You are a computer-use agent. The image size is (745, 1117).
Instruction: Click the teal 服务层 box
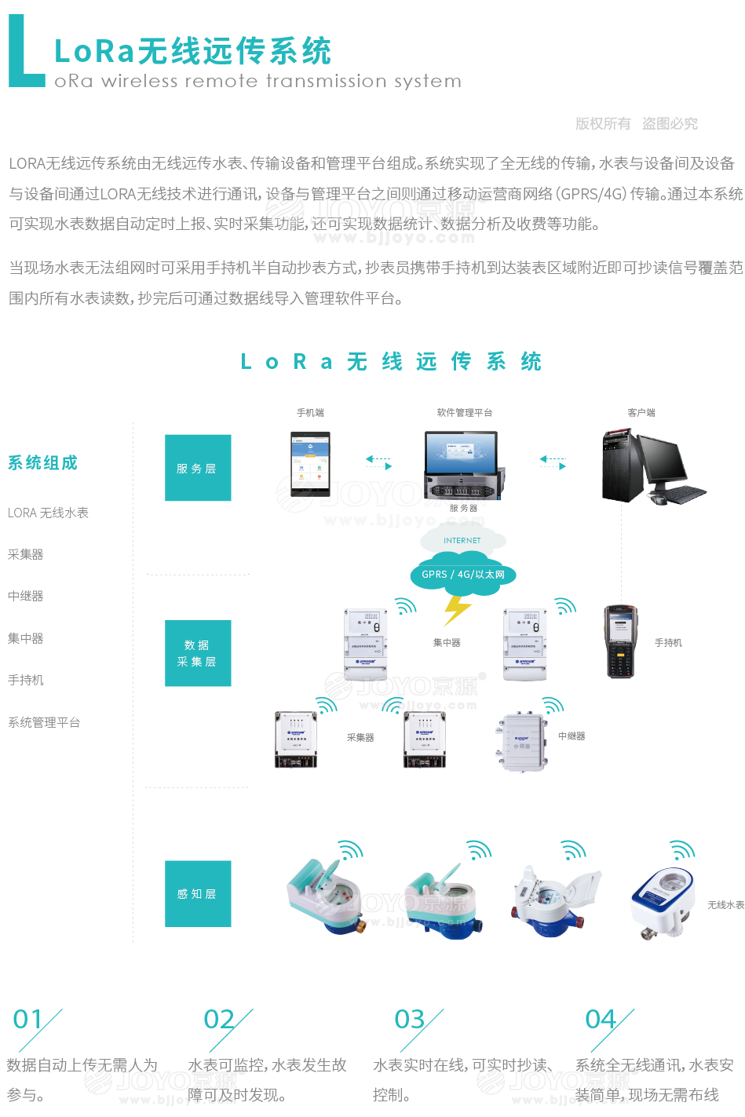198,468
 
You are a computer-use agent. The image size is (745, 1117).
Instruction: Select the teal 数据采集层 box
198,653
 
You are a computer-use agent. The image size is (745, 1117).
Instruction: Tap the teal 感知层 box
198,893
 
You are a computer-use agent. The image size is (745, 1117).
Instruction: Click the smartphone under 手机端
310,464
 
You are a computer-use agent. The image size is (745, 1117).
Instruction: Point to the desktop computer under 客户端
652,466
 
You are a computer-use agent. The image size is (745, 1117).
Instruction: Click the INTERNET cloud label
462,540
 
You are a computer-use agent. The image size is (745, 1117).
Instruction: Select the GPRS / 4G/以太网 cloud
462,575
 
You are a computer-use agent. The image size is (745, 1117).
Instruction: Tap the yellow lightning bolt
456,610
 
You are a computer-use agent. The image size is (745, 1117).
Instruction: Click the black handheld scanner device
620,641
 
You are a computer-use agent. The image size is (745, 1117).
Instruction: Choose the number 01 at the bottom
28,1019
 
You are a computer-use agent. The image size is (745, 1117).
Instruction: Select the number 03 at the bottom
409,1019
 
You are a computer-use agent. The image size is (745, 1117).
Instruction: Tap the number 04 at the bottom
601,1019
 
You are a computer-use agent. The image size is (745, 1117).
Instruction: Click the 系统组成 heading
42,462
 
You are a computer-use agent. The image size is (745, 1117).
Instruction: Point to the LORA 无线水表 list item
48,513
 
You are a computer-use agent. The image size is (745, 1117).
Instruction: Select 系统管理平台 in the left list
44,722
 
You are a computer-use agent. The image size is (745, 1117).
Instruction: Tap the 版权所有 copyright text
603,123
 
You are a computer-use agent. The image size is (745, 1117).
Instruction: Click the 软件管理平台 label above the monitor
465,412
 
